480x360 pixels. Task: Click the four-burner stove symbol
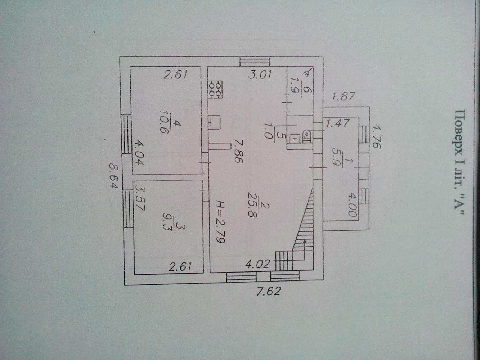(215, 89)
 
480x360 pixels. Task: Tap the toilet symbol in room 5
(308, 136)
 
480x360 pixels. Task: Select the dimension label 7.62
(268, 291)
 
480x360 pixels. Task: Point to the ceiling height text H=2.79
(220, 221)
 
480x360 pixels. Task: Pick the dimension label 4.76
(377, 136)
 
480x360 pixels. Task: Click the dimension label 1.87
(343, 96)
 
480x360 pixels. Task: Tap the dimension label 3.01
(260, 75)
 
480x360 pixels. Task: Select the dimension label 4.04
(139, 153)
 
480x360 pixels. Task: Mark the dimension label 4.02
(257, 264)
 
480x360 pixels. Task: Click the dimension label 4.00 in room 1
(353, 206)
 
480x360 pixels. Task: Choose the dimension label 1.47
(338, 123)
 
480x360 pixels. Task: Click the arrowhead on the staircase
(304, 241)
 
